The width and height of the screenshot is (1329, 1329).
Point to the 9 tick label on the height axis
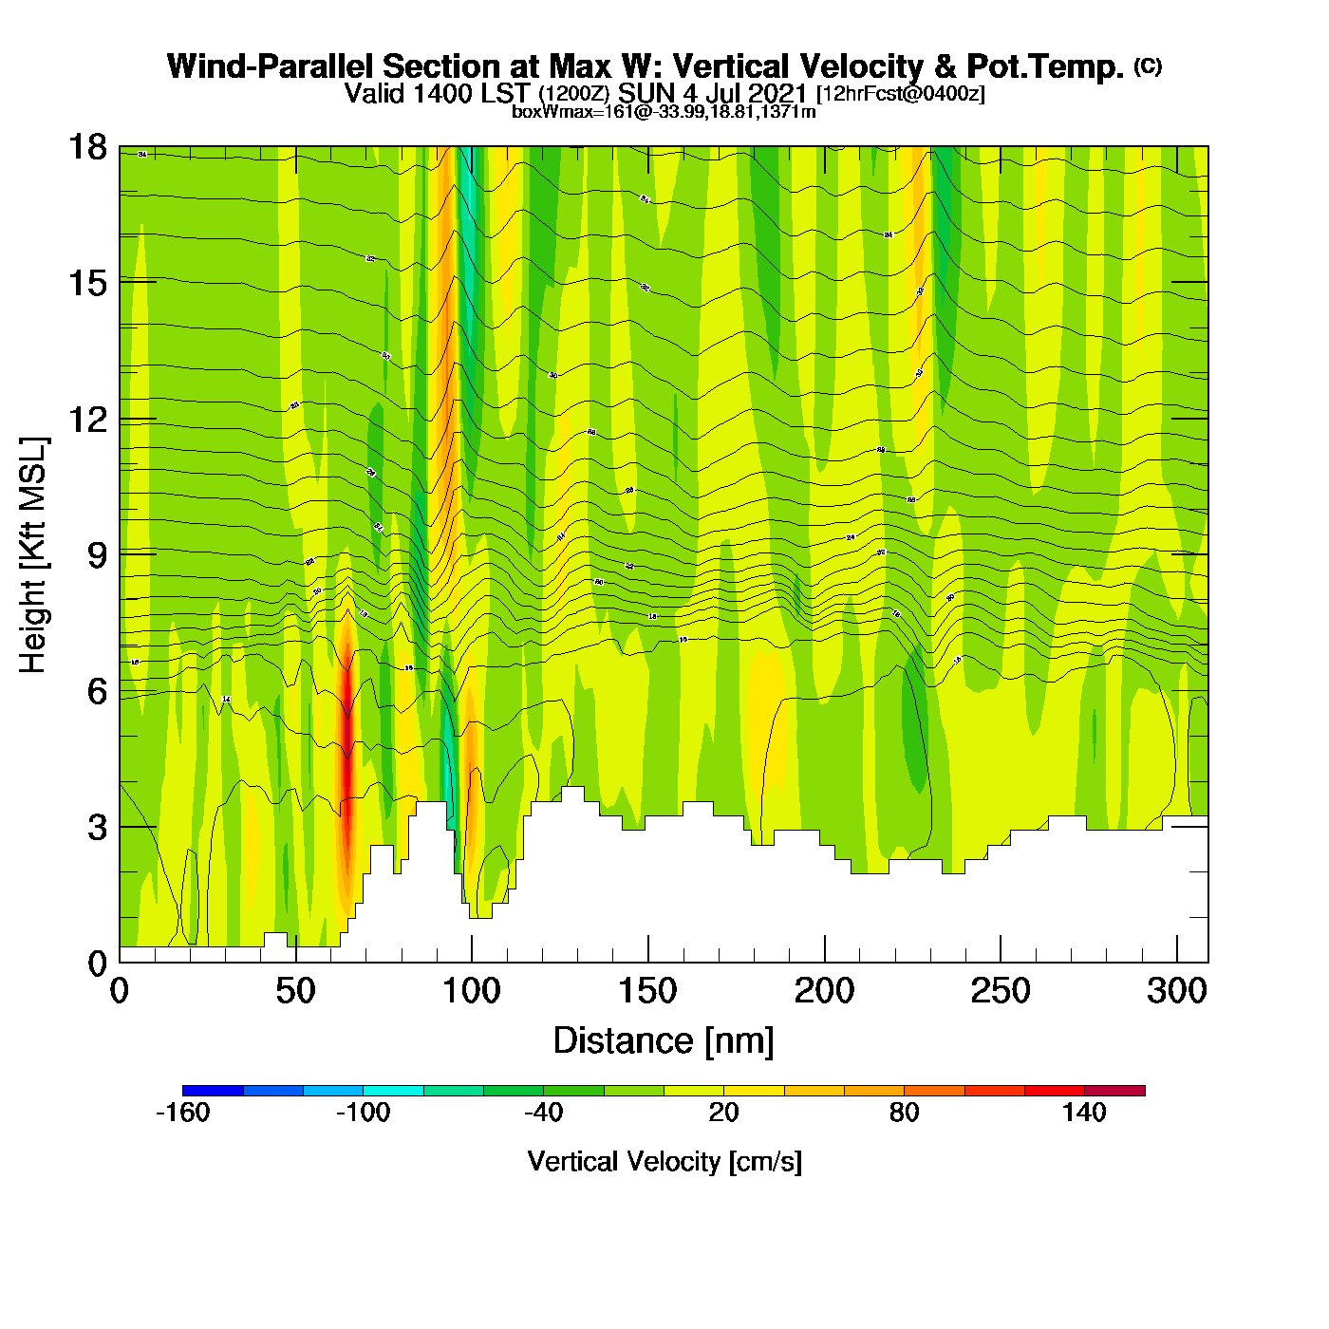(97, 554)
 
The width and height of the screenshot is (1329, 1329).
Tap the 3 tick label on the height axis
(97, 827)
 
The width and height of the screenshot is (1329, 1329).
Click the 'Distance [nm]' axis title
(664, 1041)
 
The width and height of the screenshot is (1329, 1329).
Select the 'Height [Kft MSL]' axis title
(33, 555)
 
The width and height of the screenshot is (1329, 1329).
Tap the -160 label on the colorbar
(182, 1113)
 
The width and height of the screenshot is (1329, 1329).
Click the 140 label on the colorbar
(1084, 1113)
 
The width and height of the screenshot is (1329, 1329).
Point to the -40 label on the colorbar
(543, 1113)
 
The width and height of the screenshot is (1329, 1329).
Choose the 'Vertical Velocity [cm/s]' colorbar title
(664, 1161)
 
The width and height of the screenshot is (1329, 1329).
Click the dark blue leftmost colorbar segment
(213, 1091)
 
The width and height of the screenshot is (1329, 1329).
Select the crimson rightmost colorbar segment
(1114, 1091)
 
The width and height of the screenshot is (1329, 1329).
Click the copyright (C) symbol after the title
(1148, 66)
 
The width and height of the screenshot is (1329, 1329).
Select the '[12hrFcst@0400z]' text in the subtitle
(901, 94)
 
